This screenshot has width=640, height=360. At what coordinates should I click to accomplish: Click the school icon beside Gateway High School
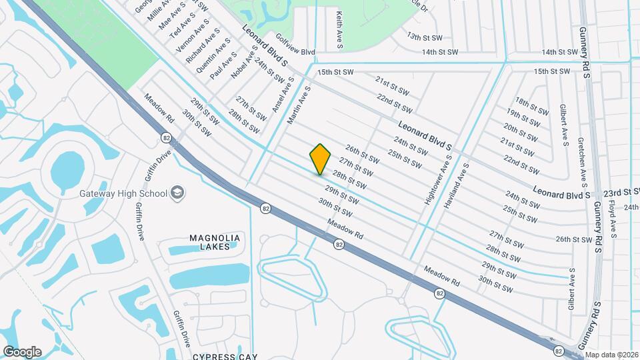178,193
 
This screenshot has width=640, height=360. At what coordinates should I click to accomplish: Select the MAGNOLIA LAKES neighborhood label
214,242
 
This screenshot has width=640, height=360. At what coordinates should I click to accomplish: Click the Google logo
22,351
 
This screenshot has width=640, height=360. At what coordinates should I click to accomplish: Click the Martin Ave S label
299,105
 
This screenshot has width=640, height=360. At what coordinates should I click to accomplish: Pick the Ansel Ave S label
283,93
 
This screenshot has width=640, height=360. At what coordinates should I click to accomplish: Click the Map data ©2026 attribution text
611,355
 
